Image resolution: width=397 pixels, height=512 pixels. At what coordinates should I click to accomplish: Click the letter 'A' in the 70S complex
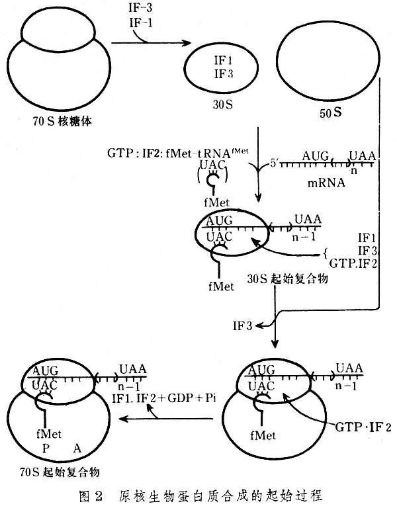click(x=77, y=448)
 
